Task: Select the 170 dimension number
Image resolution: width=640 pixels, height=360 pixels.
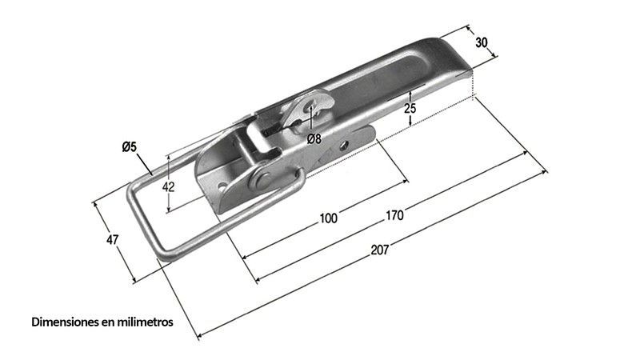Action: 394,215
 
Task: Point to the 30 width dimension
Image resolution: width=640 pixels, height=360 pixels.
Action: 482,43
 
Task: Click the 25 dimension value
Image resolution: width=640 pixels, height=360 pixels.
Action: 410,108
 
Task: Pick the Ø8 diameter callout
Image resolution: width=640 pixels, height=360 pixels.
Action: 314,138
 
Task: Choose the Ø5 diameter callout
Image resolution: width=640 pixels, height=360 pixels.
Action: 129,146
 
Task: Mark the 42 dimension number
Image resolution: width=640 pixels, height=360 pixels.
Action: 168,186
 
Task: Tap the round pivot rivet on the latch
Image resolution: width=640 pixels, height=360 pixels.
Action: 261,178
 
